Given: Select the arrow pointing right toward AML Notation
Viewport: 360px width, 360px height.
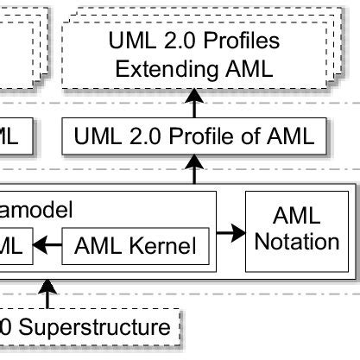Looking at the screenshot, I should [x=229, y=232].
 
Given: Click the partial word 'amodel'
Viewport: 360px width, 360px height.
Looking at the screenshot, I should [x=34, y=208].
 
